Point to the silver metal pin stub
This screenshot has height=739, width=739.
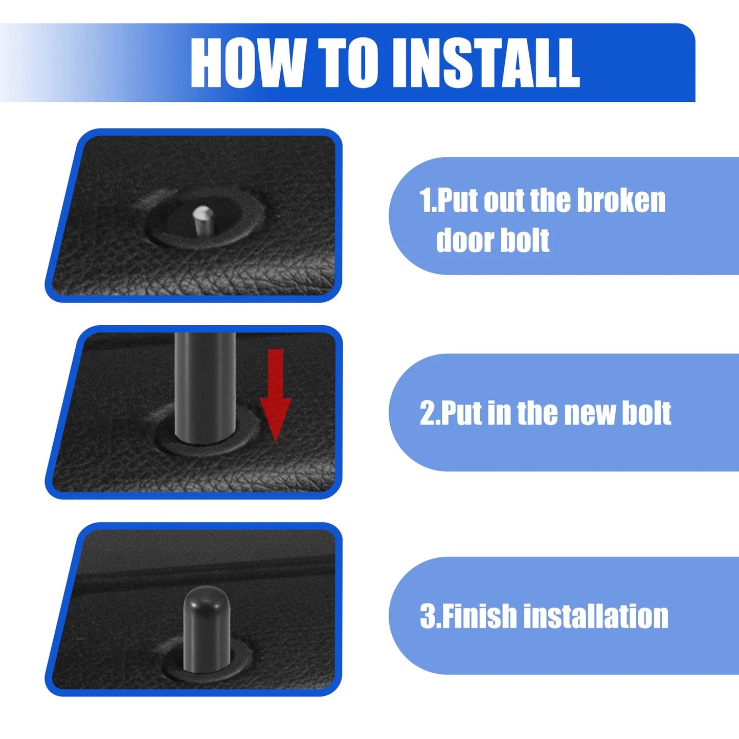203,221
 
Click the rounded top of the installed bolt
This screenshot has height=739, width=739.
207,607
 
